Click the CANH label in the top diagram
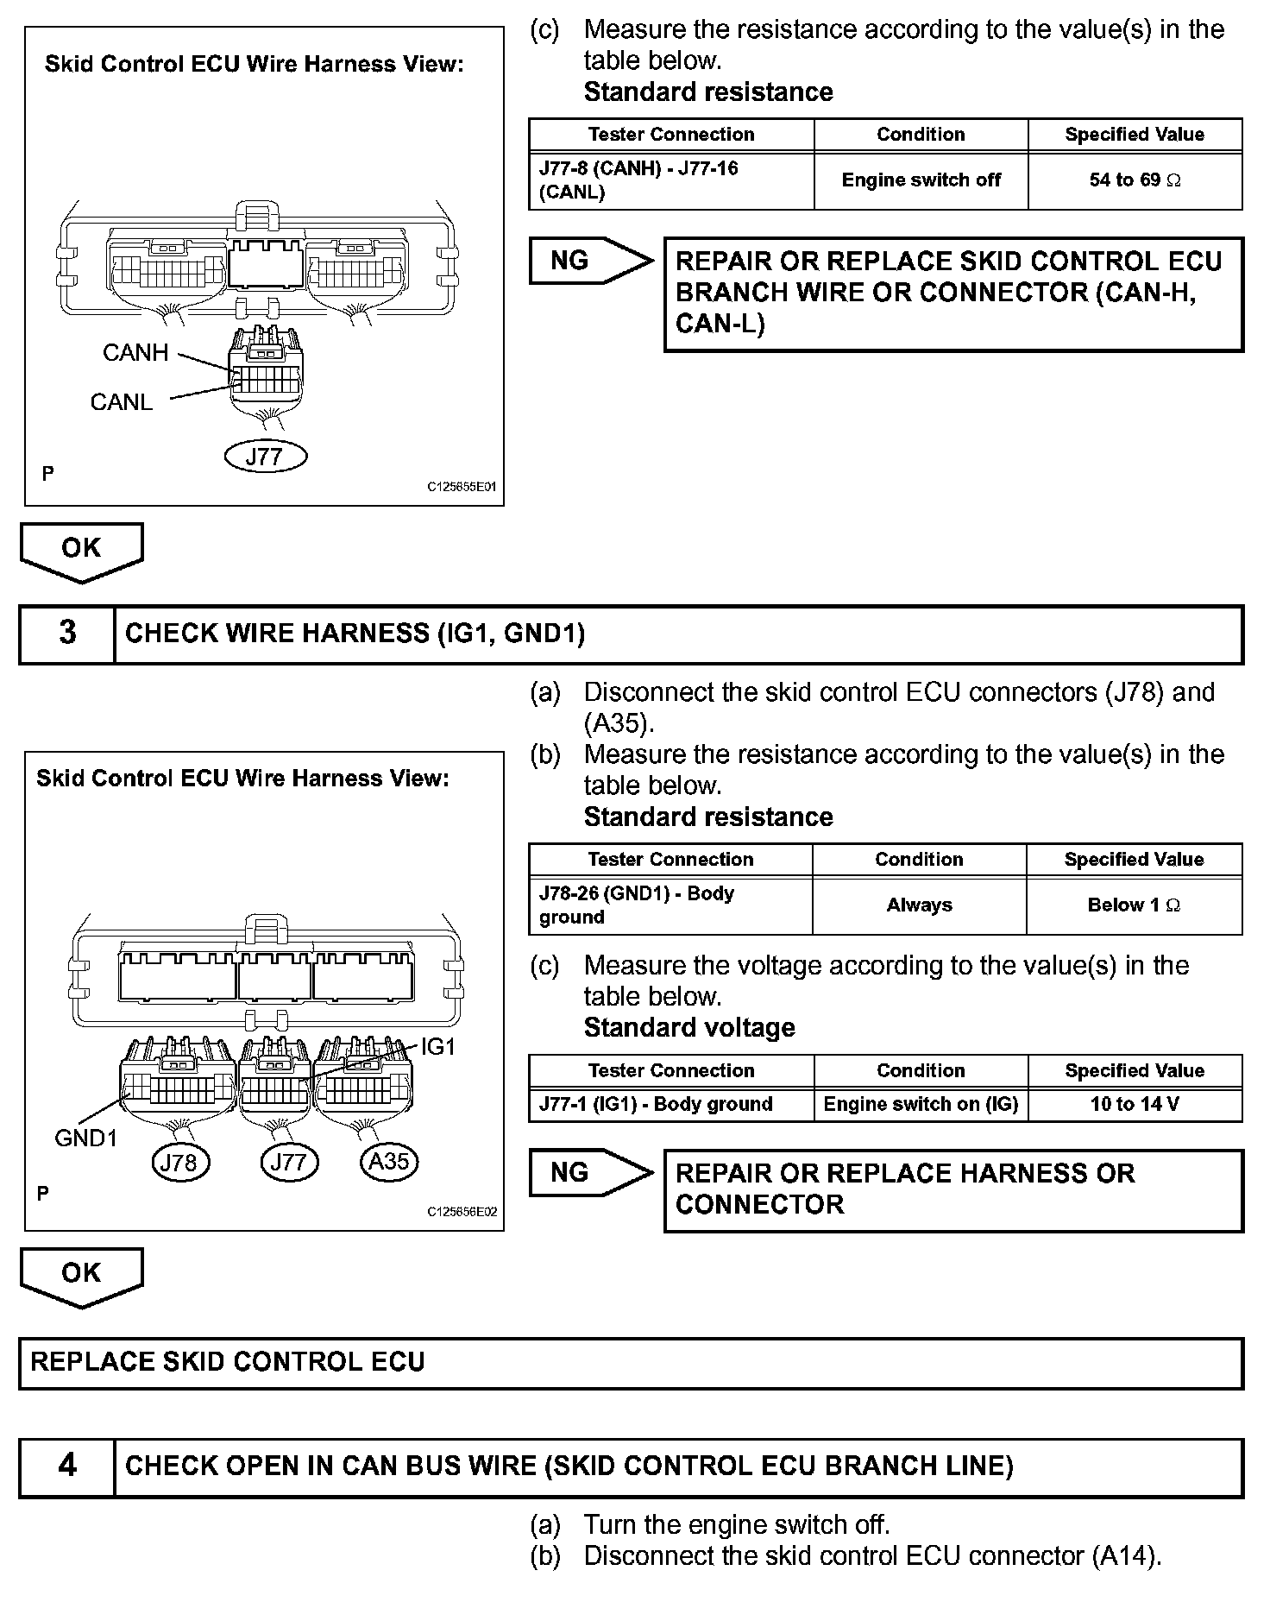[135, 353]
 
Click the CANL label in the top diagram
[122, 402]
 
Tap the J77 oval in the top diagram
[265, 457]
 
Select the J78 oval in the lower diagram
[179, 1163]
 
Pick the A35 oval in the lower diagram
[388, 1162]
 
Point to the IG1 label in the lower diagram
[437, 1047]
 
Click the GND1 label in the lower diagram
[85, 1138]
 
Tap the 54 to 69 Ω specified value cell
[1135, 180]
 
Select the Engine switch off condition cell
[921, 180]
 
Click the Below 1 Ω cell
[1134, 905]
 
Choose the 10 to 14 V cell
[1135, 1104]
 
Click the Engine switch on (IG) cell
[921, 1104]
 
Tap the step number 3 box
[67, 634]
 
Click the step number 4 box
[67, 1466]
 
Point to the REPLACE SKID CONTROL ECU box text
[228, 1362]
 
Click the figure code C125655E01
[462, 487]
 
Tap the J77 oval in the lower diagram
[288, 1163]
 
